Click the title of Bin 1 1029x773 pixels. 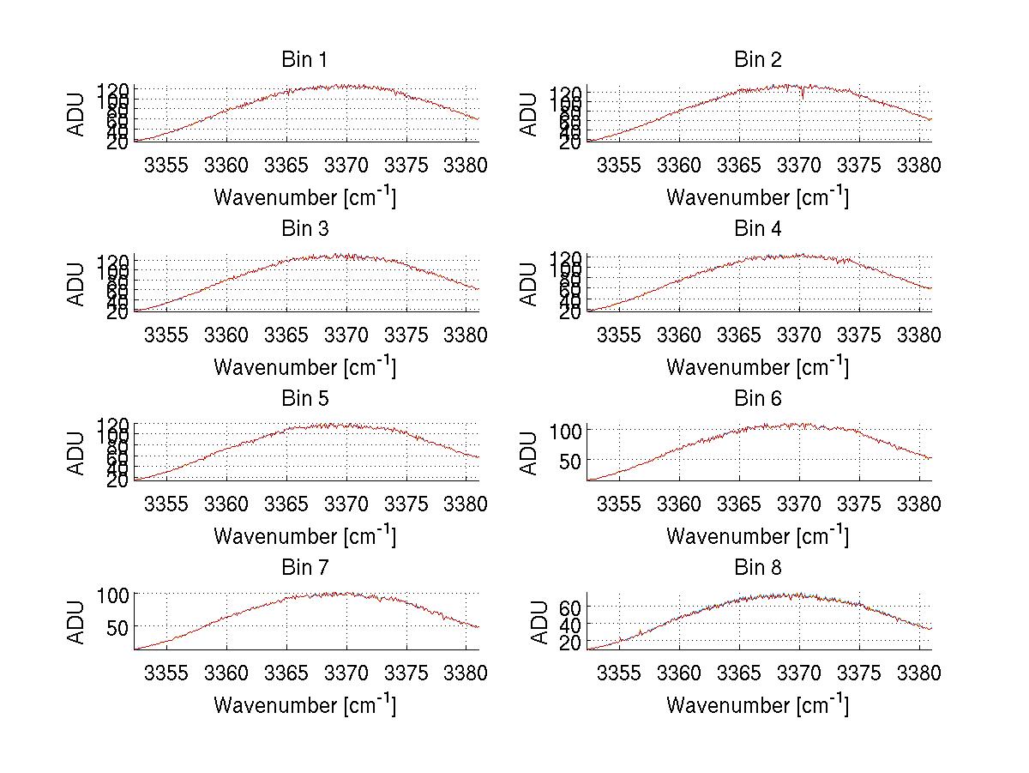coord(304,60)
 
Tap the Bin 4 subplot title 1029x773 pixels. coord(757,229)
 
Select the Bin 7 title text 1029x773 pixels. coord(304,568)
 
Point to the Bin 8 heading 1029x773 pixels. coord(757,568)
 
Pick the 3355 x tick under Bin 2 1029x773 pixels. coord(618,166)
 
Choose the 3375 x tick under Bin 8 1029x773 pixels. coord(859,673)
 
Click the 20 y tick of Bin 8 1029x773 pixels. coord(571,643)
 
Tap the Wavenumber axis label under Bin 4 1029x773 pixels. coord(757,366)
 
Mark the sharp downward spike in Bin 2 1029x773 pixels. coord(803,95)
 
